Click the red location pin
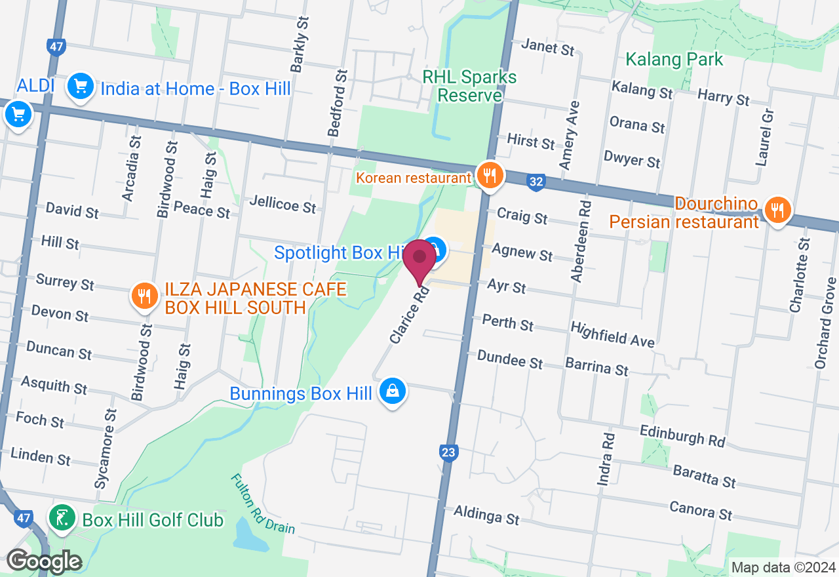tap(419, 260)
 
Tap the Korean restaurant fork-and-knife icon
tap(489, 176)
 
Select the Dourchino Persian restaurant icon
tap(777, 210)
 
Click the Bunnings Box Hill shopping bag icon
tap(392, 391)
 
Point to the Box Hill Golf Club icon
tap(62, 519)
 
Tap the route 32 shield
tap(536, 182)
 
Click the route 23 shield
tap(448, 452)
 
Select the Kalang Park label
tap(674, 60)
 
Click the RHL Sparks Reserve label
tap(469, 86)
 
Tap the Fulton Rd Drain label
tap(262, 504)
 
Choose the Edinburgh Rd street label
tap(682, 435)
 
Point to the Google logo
tap(44, 561)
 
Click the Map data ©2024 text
tap(783, 567)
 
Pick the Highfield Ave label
tap(612, 334)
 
